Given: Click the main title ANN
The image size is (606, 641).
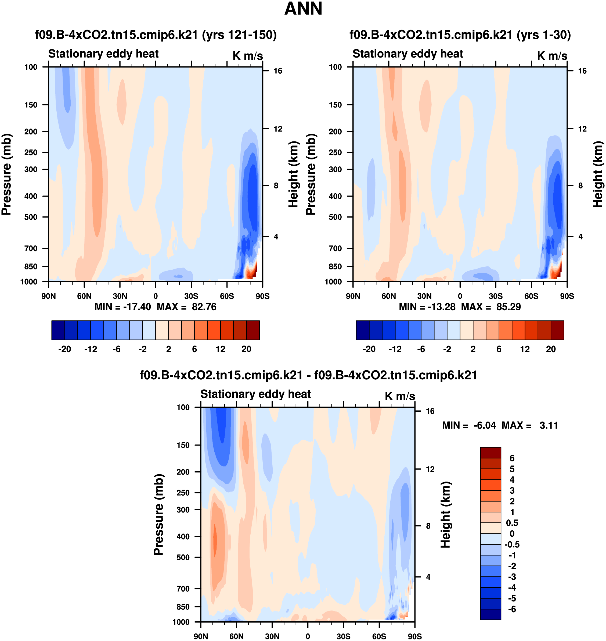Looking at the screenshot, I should [303, 9].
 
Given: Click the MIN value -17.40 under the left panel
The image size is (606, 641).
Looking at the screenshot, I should [137, 307].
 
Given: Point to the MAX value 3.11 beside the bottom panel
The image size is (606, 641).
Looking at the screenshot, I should [549, 425].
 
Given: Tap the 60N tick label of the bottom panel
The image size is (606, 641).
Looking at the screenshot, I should [236, 636].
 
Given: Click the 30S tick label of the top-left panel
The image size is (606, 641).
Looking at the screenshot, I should [191, 296].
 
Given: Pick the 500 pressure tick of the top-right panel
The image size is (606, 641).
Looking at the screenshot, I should [335, 217].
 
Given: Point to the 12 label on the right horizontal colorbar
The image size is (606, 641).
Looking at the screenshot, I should [525, 349].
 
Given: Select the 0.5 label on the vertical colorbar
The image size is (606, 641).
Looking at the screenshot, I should [512, 523].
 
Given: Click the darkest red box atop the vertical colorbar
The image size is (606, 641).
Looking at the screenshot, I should [490, 453].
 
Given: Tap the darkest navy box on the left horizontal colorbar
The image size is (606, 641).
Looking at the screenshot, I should [58, 330].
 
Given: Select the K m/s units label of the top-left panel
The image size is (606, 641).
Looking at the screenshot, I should [248, 56].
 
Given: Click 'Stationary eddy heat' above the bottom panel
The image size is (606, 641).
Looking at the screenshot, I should [255, 394].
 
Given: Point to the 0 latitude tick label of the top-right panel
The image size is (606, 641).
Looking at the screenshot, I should [460, 296].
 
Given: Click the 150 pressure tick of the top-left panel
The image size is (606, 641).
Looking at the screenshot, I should [31, 105].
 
